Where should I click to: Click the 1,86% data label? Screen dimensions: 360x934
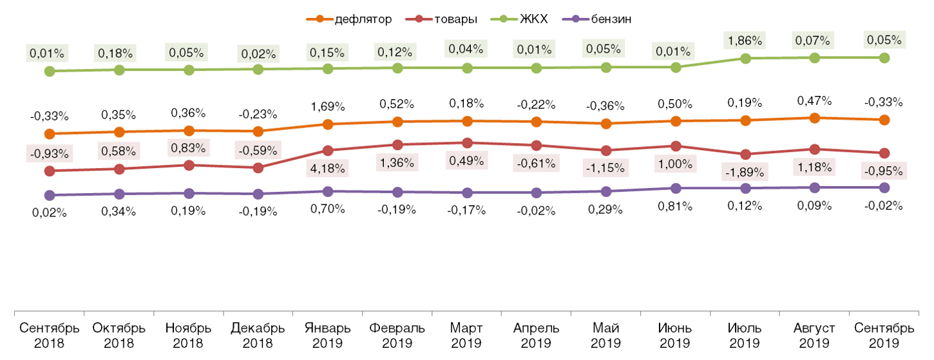[745, 40]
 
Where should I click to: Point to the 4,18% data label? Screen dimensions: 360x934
[328, 169]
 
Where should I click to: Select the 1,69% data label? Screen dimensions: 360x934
[328, 105]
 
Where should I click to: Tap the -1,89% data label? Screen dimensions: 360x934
[745, 172]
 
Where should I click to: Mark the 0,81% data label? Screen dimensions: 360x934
[676, 207]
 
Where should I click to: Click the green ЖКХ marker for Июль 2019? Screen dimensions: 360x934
[745, 59]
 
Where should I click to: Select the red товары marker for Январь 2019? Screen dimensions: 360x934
[328, 151]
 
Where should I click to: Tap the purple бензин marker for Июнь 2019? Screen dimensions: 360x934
[676, 189]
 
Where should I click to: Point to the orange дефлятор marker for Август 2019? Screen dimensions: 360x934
[815, 118]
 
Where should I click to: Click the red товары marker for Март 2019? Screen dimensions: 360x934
[467, 143]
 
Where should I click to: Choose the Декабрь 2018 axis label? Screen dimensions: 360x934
[258, 335]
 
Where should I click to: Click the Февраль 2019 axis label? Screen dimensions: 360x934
[397, 335]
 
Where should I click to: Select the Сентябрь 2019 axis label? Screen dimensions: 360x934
[884, 335]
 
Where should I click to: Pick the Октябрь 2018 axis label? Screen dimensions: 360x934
[119, 335]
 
